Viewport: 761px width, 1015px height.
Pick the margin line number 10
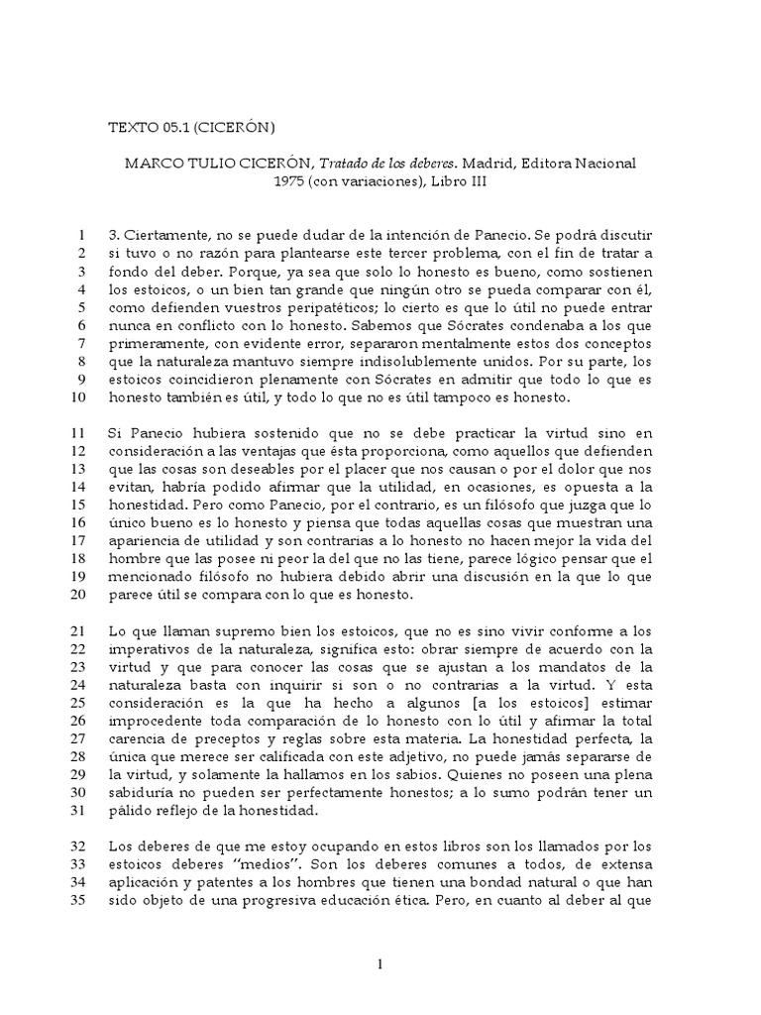(80, 397)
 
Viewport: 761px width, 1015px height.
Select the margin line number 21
(80, 631)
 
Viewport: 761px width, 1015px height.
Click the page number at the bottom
(380, 962)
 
